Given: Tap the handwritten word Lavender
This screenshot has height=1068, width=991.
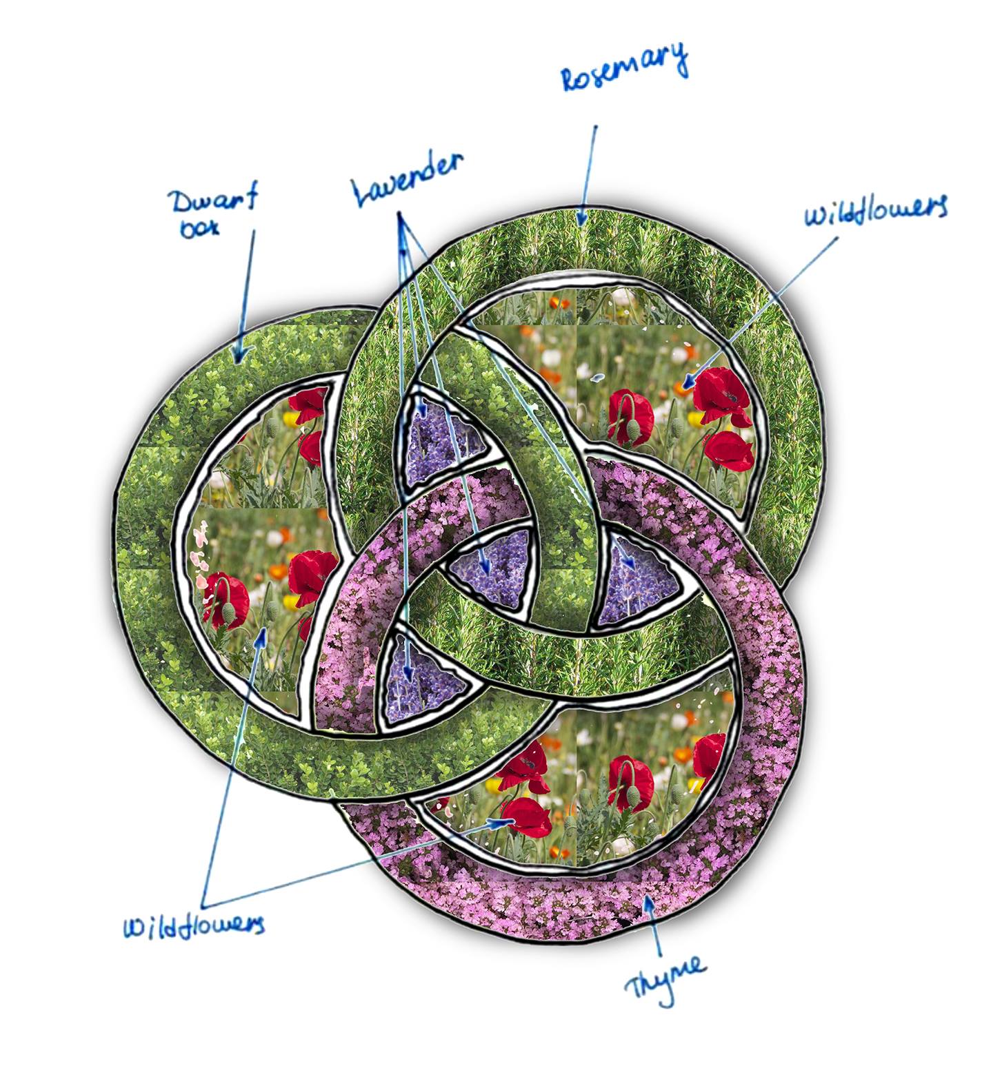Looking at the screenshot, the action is coord(408,178).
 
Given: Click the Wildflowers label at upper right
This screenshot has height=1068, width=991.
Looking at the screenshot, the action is coord(876,209).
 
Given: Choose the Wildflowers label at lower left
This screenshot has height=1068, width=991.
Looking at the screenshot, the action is coord(194,925).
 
